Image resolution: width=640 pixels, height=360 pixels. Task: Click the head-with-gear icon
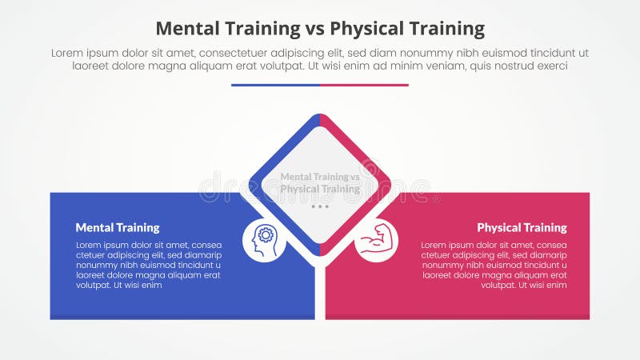click(264, 240)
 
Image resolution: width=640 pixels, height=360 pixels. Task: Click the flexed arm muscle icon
click(375, 240)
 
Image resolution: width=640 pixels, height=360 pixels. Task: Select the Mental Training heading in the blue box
click(118, 228)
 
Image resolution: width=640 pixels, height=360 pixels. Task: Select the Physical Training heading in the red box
click(522, 228)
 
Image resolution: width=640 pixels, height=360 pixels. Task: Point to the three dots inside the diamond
click(320, 206)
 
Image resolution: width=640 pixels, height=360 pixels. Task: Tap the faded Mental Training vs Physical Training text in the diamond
click(320, 183)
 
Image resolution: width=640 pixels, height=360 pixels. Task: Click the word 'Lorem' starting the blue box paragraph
click(90, 245)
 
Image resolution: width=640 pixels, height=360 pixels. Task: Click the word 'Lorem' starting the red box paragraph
click(434, 245)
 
